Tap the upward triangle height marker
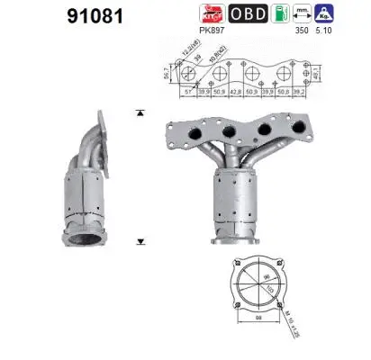(140, 112)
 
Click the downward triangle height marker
(140, 242)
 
